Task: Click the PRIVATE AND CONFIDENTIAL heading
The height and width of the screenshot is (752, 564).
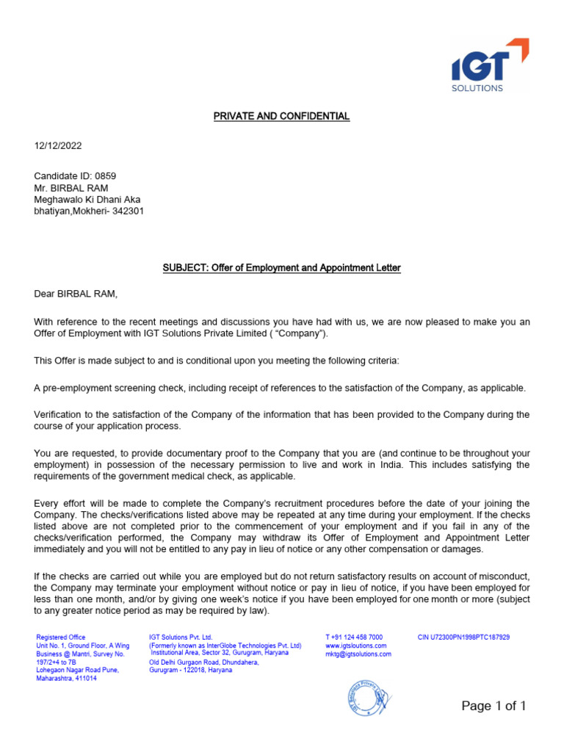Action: [281, 116]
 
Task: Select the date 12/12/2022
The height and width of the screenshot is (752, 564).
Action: [58, 146]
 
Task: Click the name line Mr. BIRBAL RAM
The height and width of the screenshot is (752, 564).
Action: [71, 187]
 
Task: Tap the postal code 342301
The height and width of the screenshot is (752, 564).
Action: [134, 211]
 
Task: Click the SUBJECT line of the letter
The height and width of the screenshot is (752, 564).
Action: [281, 268]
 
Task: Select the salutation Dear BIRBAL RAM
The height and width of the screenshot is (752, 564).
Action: [76, 294]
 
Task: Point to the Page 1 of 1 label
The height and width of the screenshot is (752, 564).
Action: [493, 706]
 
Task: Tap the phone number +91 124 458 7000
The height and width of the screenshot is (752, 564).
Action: [354, 637]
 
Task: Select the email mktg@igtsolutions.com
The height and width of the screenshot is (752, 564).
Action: [358, 654]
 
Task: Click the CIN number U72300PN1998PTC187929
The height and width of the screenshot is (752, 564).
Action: [463, 637]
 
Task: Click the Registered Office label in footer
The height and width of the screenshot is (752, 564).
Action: [61, 637]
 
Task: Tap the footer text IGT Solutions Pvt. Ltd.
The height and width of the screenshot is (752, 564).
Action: [181, 637]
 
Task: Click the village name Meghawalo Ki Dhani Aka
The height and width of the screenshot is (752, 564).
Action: [87, 199]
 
